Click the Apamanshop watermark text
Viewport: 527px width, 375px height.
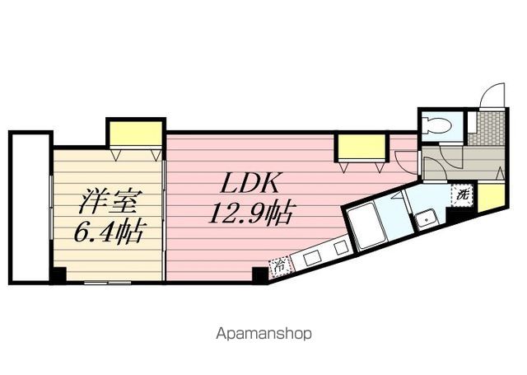[x=263, y=335]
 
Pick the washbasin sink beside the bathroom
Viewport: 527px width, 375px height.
[x=426, y=219]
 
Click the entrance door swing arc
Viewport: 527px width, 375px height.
[x=491, y=95]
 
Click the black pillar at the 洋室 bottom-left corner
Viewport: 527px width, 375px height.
[x=58, y=275]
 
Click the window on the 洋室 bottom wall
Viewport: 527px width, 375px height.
[x=107, y=282]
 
